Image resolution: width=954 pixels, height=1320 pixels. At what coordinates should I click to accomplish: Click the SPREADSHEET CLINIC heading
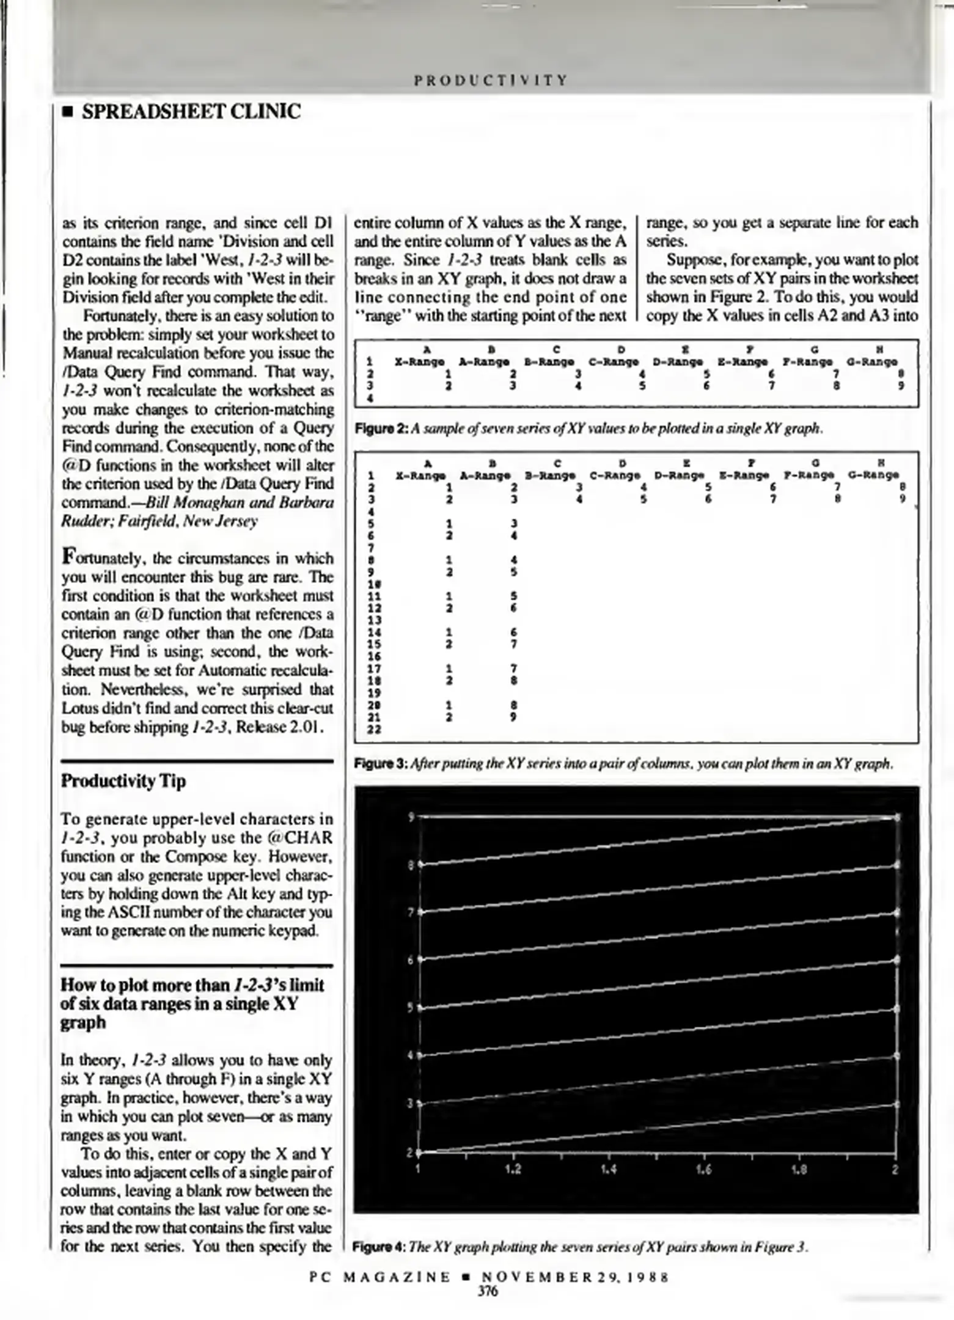[191, 112]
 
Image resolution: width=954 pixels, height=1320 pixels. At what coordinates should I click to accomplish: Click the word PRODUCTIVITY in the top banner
[491, 80]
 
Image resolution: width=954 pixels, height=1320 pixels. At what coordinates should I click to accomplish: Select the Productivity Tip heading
[123, 781]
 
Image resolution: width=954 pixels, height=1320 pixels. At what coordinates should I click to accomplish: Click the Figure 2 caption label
[381, 428]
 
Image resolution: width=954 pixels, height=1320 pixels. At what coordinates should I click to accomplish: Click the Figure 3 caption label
[381, 764]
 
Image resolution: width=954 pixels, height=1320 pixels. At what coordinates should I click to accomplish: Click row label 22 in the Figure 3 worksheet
[374, 729]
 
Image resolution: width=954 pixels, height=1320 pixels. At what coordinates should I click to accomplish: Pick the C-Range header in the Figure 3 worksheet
[615, 475]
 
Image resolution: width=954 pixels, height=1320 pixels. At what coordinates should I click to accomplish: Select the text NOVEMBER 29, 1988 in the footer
[574, 1277]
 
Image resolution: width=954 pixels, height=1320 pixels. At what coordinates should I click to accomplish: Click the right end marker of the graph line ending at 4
[897, 1055]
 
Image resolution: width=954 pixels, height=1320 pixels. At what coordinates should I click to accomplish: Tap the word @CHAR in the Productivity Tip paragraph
[299, 838]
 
